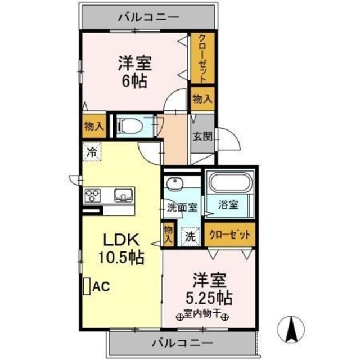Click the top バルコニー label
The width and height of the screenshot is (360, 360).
click(x=149, y=17)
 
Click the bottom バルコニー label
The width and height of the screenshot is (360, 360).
click(x=182, y=342)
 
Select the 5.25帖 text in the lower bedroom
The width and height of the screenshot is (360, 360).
click(x=210, y=296)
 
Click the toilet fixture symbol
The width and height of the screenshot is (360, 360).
click(x=133, y=126)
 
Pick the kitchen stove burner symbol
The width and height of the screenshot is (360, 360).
click(x=92, y=195)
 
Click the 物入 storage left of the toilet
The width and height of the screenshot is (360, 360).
click(x=93, y=125)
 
